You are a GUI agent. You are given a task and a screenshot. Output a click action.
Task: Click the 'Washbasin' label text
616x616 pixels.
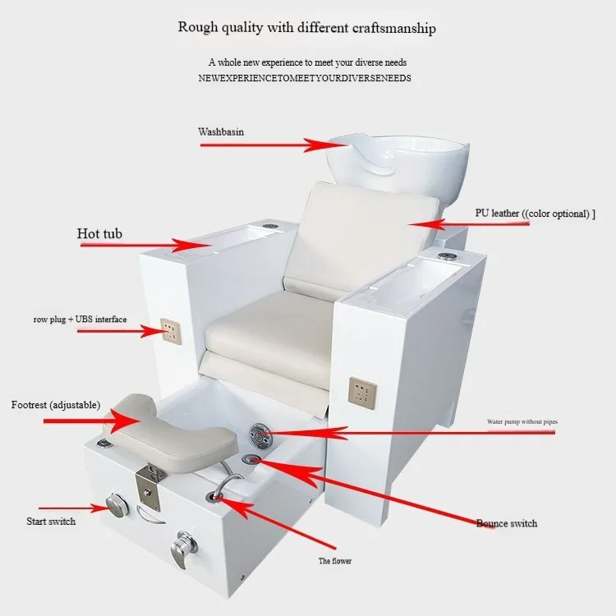pyautogui.click(x=221, y=131)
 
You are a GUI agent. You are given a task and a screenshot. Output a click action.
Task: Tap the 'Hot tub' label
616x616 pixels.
pyautogui.click(x=99, y=234)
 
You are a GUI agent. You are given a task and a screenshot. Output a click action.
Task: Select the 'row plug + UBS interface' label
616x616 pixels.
pyautogui.click(x=80, y=319)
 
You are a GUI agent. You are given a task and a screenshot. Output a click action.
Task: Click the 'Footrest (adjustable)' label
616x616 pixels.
pyautogui.click(x=56, y=405)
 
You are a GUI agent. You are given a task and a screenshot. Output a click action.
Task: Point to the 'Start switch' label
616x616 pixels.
pyautogui.click(x=50, y=521)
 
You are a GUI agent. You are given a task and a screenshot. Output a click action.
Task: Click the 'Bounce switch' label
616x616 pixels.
pyautogui.click(x=507, y=523)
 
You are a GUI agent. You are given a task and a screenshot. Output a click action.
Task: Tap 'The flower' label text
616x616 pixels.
pyautogui.click(x=335, y=561)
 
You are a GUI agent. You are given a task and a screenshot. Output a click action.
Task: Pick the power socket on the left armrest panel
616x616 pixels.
pyautogui.click(x=170, y=330)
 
